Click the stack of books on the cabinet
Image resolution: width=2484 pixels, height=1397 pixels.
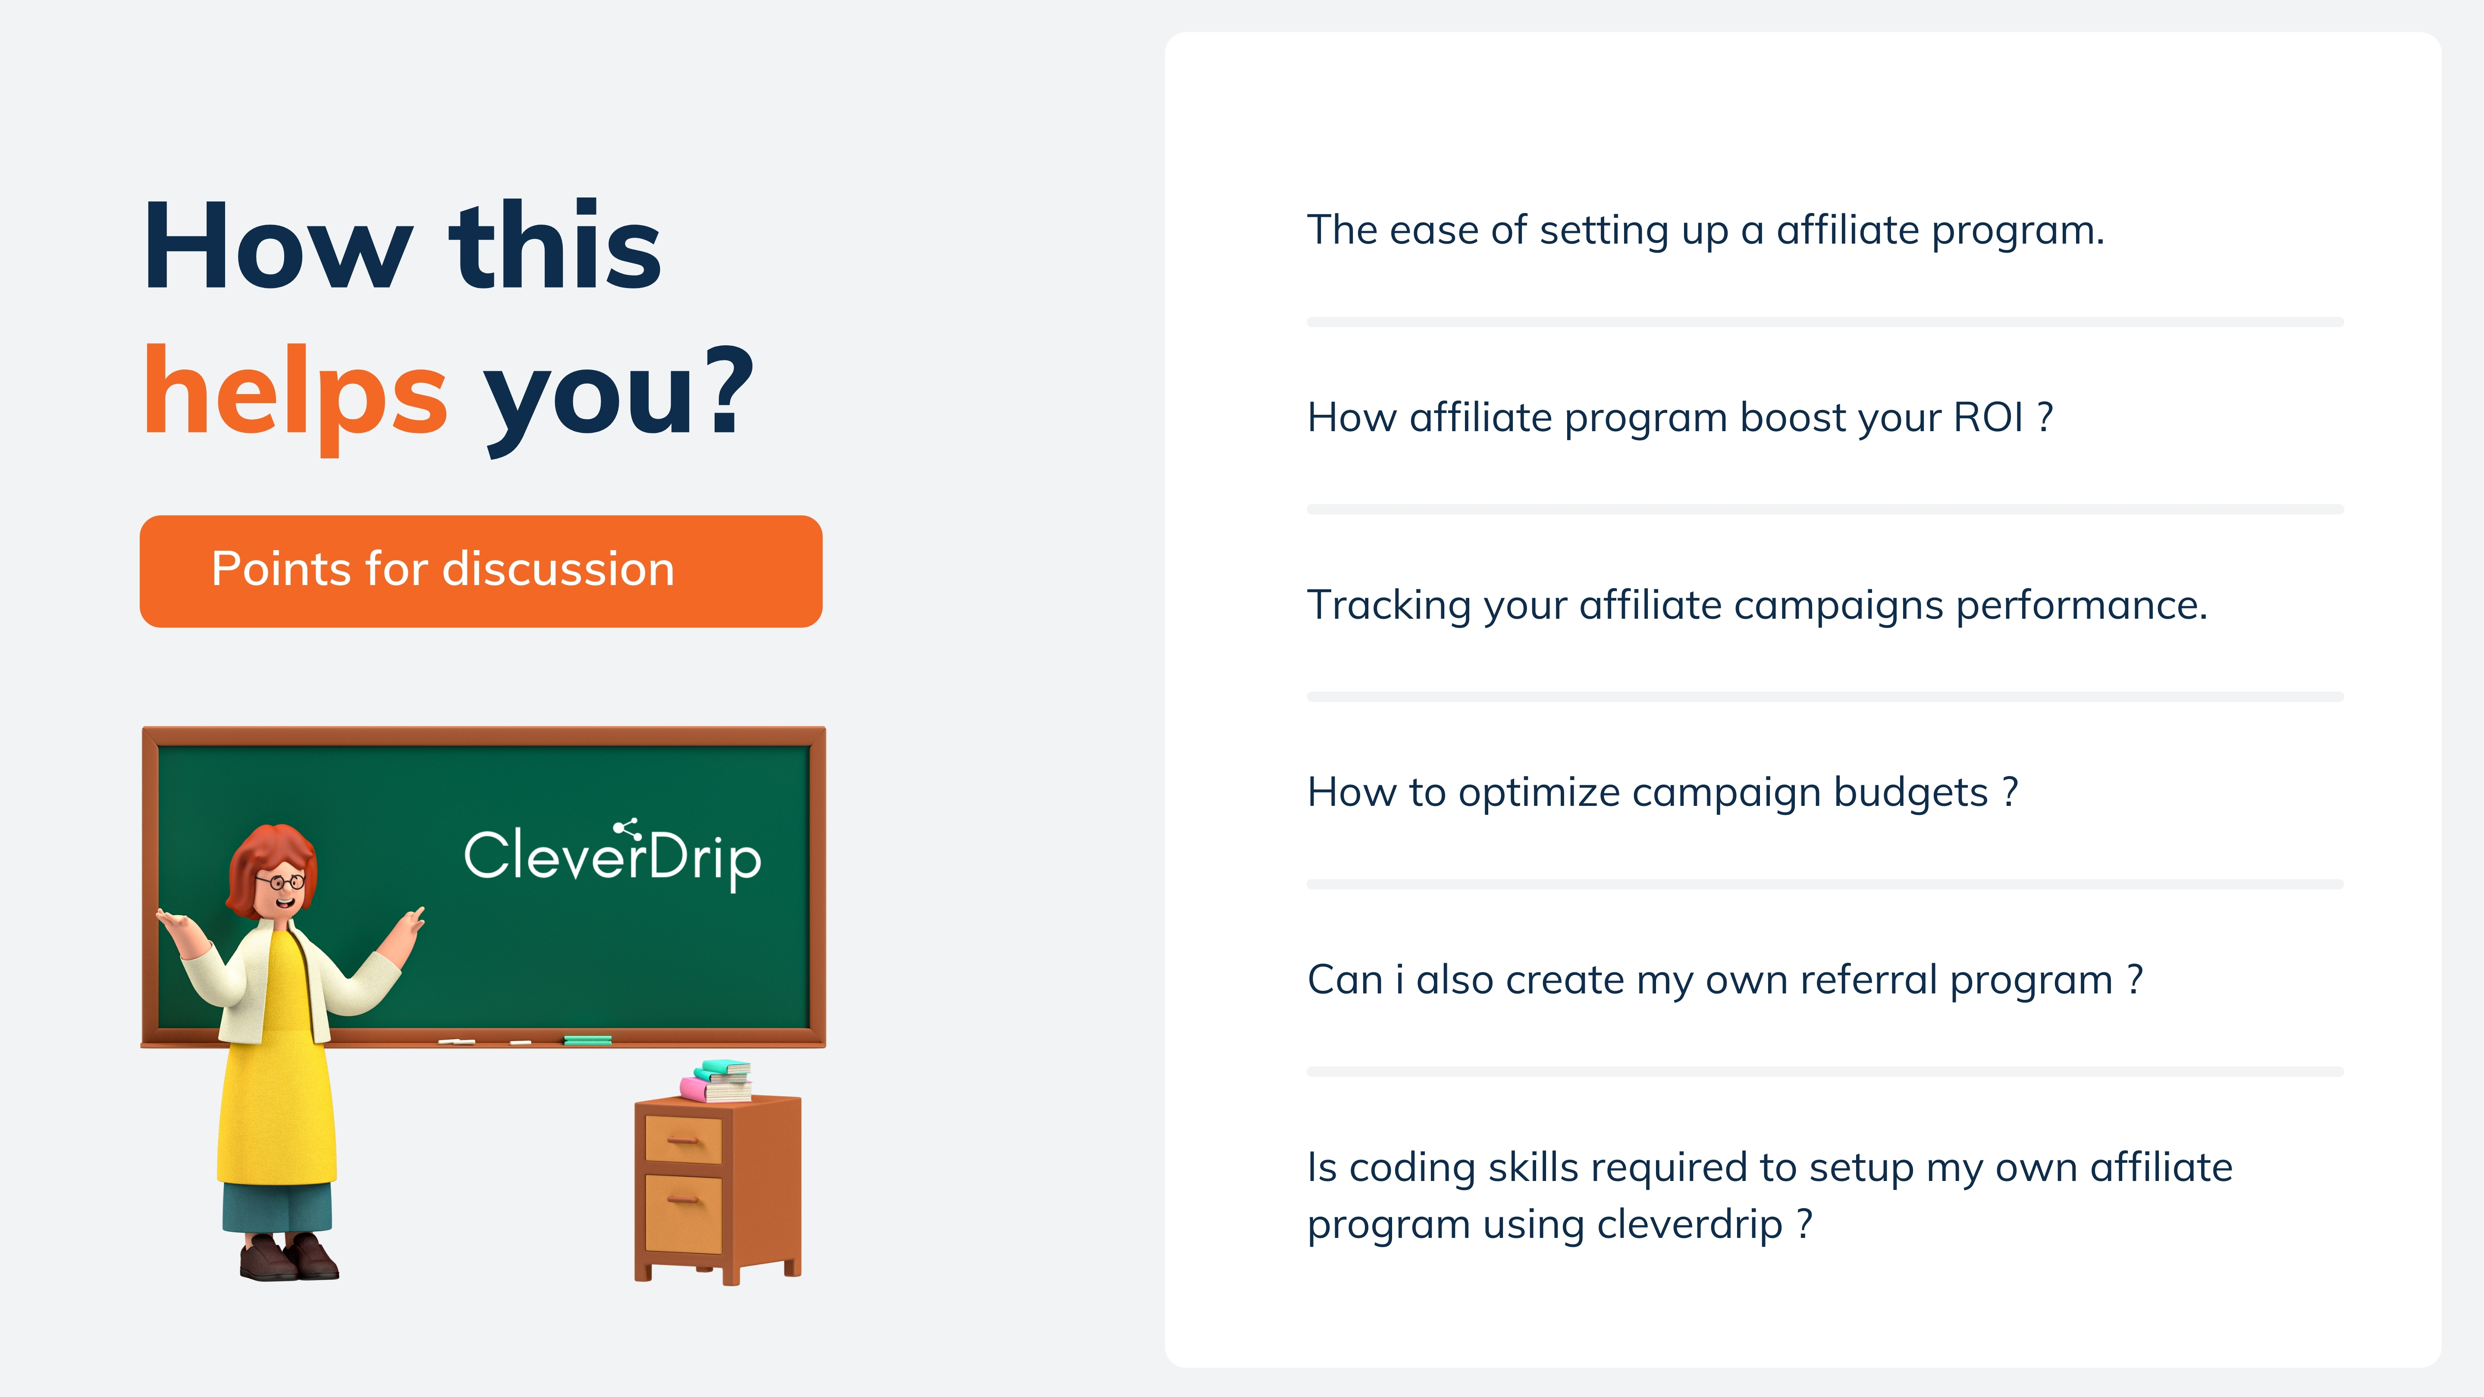click(x=716, y=1081)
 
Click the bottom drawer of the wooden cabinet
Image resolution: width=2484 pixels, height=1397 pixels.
click(x=683, y=1213)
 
